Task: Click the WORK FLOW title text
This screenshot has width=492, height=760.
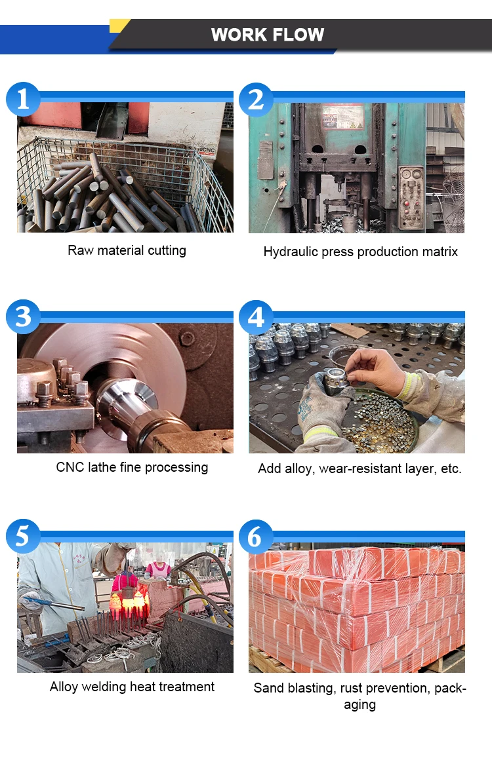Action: [268, 35]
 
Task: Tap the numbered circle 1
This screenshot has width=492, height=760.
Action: [23, 99]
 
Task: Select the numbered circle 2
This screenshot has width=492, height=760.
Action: [256, 100]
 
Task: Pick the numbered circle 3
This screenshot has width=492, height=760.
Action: [23, 317]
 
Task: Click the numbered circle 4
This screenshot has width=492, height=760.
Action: [256, 318]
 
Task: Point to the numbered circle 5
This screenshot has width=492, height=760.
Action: [23, 536]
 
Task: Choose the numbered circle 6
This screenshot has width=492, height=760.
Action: [256, 537]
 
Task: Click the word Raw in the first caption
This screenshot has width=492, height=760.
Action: [81, 250]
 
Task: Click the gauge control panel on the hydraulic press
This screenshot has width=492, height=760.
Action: [411, 197]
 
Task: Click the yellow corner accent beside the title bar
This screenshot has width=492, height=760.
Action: [119, 26]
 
